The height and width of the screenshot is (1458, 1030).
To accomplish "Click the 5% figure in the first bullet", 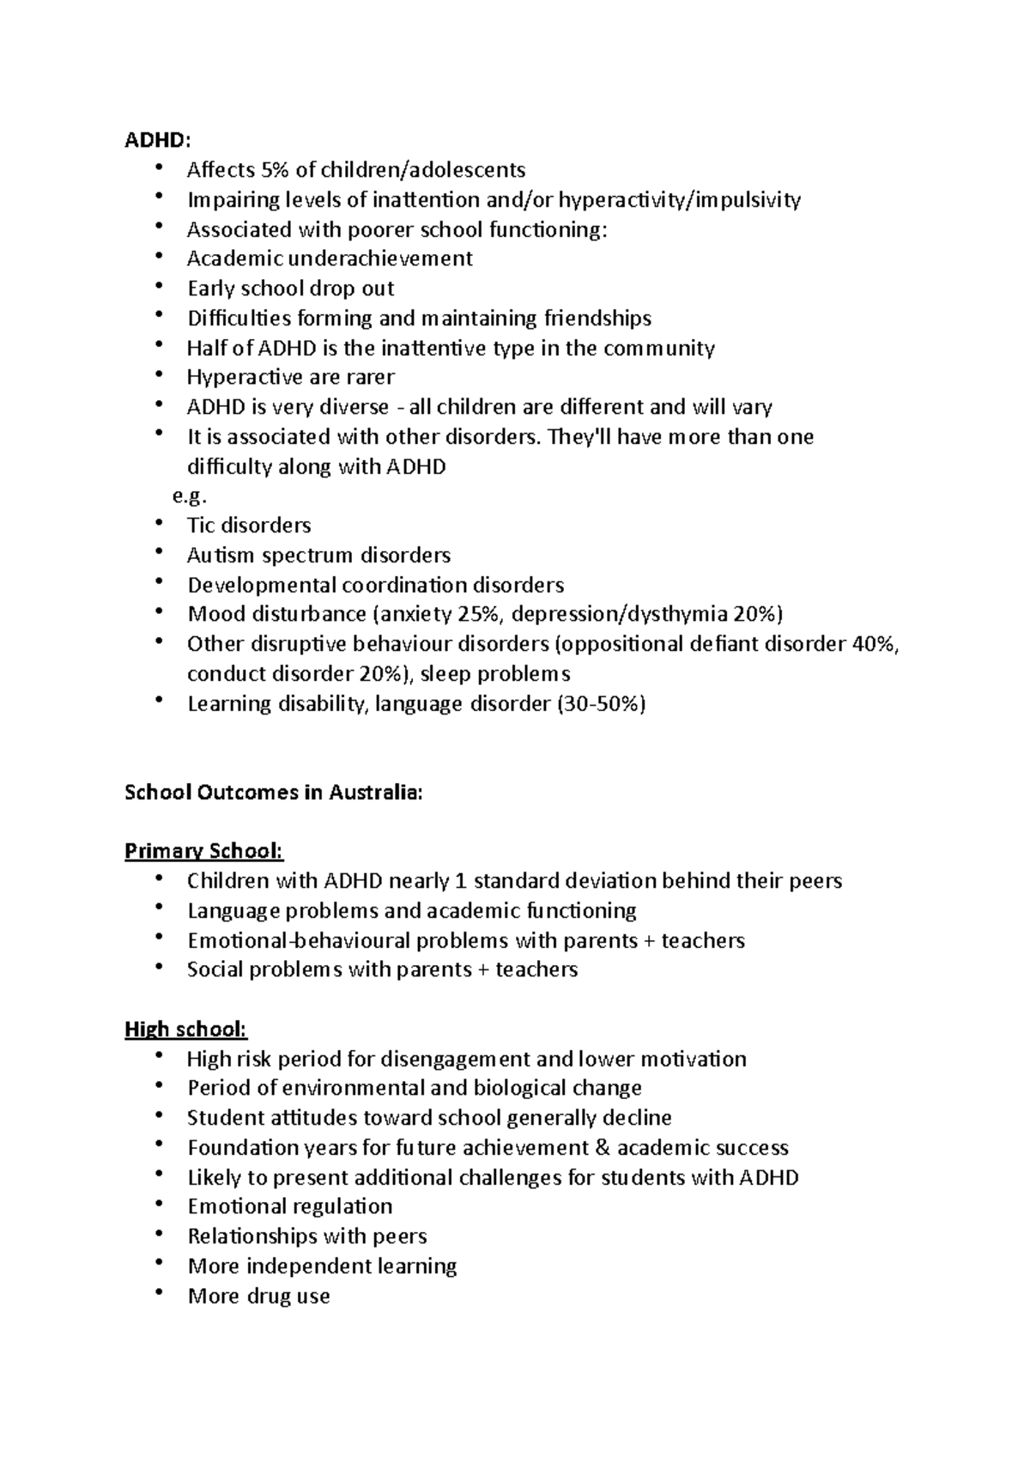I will click(276, 170).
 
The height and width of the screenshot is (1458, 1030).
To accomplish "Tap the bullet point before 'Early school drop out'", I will click(160, 288).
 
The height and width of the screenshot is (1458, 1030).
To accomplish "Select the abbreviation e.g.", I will click(190, 496).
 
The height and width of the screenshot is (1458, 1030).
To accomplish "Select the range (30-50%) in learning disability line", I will click(601, 704).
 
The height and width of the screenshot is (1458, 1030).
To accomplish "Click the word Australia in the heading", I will click(375, 793).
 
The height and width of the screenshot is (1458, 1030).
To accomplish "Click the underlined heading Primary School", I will click(203, 852).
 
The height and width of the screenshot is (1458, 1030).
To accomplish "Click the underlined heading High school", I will click(185, 1029).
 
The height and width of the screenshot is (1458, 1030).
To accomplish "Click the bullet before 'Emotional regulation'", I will click(160, 1206).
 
